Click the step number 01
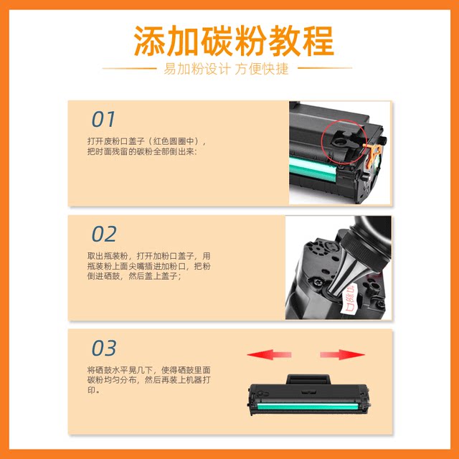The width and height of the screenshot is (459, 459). [x=103, y=119]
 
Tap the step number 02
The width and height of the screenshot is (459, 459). [x=104, y=234]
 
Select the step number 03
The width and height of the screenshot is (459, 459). [x=104, y=348]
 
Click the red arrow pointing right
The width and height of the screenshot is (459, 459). [x=343, y=354]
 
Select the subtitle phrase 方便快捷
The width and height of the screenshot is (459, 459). [x=263, y=69]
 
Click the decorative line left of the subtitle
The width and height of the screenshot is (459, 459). [x=129, y=69]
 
